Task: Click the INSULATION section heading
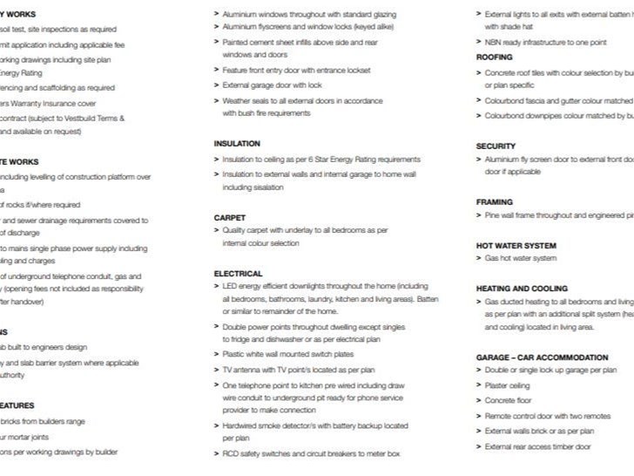[237, 143]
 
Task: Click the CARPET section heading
[230, 217]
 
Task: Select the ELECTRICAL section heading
[238, 273]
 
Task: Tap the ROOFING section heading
[495, 57]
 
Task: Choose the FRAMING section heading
[495, 201]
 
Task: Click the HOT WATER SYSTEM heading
[516, 245]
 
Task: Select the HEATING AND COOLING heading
[522, 288]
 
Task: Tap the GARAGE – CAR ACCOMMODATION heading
[542, 357]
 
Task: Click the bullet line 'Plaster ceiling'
[507, 384]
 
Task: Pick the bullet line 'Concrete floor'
[509, 400]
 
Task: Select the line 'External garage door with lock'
[272, 85]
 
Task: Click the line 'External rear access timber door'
[537, 446]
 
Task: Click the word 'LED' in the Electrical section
[230, 285]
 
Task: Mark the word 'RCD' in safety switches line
[231, 453]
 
